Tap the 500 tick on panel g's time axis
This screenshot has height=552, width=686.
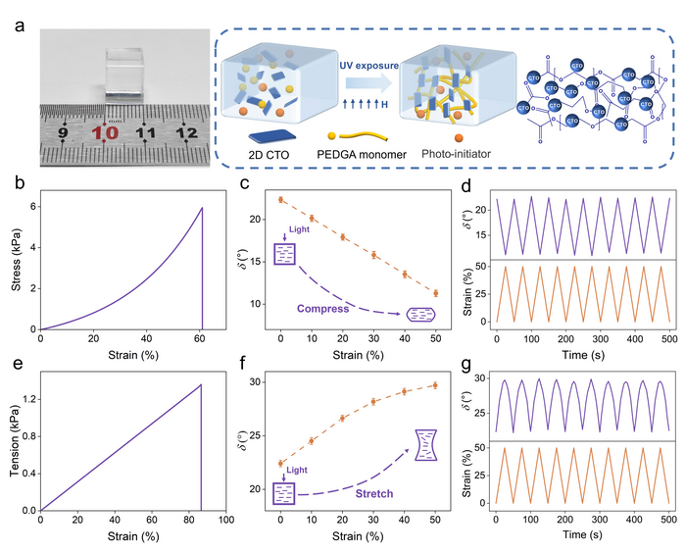[664, 515]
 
